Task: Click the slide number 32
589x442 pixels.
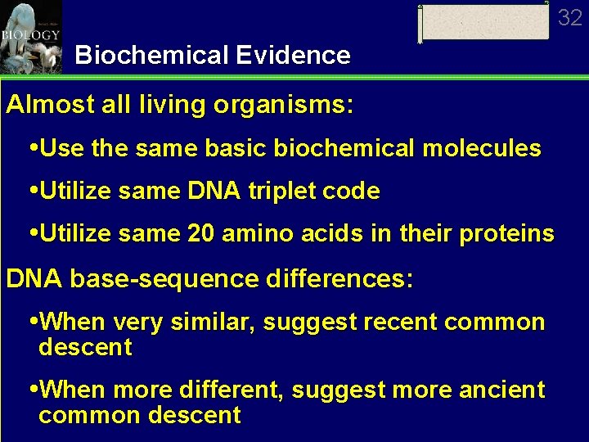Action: pos(570,16)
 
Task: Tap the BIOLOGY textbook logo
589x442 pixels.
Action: pos(30,36)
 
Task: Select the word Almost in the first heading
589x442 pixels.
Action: pos(43,106)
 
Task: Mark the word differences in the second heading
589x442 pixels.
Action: pos(339,279)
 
